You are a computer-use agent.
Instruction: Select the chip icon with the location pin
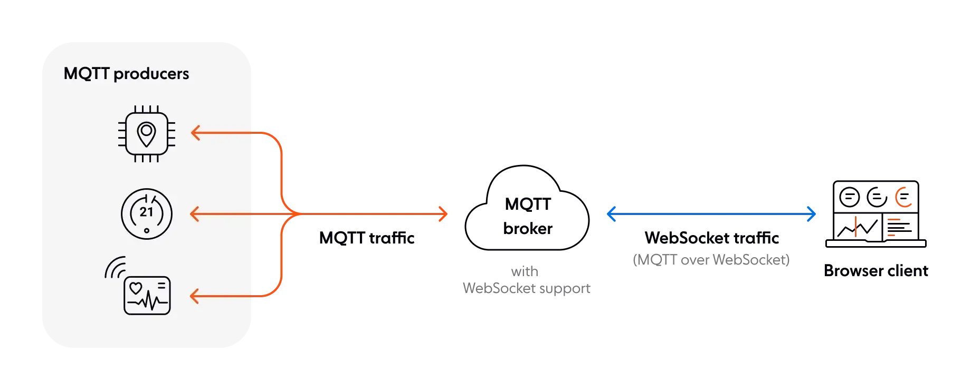pos(146,134)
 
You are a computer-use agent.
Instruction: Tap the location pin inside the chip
pos(146,134)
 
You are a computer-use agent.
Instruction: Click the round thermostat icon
pos(146,214)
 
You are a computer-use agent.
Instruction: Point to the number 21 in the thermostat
pos(146,212)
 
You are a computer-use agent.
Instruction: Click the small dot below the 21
pos(146,230)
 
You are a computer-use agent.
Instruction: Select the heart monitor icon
pos(147,295)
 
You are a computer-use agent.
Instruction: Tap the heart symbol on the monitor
pos(136,288)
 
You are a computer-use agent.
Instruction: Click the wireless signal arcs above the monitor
pos(115,267)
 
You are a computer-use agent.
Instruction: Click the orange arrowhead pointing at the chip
pos(195,133)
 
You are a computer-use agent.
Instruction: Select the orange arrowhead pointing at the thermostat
pos(195,214)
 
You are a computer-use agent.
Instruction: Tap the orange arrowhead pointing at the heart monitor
pos(195,296)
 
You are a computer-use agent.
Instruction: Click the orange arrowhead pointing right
pos(442,214)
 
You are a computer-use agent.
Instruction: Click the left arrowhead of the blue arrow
pos(611,214)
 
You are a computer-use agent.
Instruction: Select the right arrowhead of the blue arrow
pos(813,214)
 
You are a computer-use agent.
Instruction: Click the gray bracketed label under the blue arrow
pos(711,261)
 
